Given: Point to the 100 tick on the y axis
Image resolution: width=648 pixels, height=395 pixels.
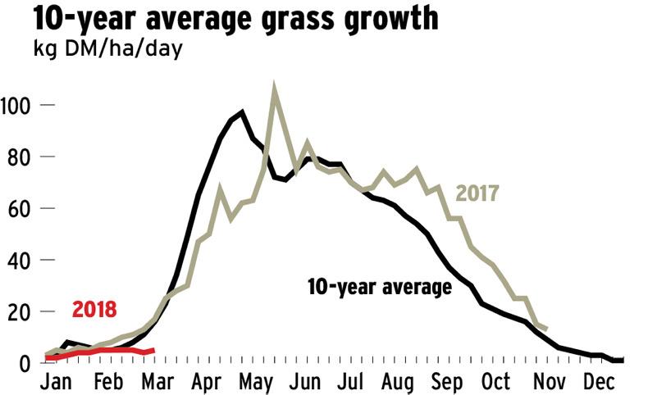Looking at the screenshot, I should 16,106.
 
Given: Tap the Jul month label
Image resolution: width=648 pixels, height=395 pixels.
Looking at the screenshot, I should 361,383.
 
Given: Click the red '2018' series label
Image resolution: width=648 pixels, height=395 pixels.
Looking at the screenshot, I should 94,310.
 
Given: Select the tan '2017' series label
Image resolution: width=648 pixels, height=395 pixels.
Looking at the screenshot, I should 478,195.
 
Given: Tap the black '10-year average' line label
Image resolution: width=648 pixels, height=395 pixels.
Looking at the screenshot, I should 380,288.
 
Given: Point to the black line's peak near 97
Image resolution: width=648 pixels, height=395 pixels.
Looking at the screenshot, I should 242,112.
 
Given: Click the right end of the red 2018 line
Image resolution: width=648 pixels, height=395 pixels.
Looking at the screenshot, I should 153,351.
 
